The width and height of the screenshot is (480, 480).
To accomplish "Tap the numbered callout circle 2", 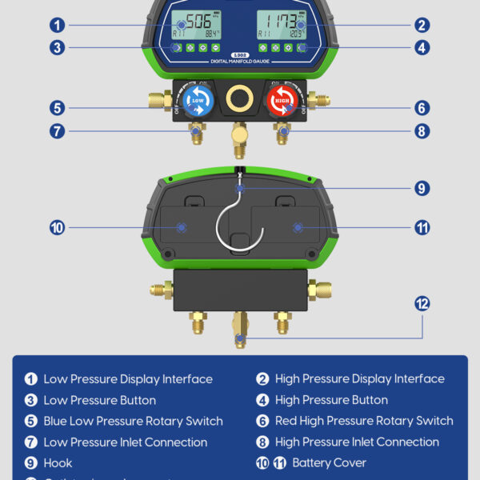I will click(422, 25).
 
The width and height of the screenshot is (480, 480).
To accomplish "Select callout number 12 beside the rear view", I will click(422, 303).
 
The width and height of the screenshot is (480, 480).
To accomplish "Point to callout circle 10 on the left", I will click(57, 228).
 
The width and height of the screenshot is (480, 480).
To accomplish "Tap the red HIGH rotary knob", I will click(282, 101).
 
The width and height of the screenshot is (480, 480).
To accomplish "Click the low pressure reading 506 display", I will click(194, 22).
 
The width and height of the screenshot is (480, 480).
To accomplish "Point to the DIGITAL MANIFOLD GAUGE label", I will click(240, 61).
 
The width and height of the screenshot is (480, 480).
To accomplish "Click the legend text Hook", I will click(58, 463).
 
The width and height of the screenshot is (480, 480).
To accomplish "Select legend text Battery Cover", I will click(329, 463).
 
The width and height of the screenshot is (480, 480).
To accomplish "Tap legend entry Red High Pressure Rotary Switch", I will click(364, 421).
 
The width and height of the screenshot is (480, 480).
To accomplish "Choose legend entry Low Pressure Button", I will click(99, 400).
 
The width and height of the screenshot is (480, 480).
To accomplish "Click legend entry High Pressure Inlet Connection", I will click(357, 442).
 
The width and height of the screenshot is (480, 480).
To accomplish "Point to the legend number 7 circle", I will click(31, 442).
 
